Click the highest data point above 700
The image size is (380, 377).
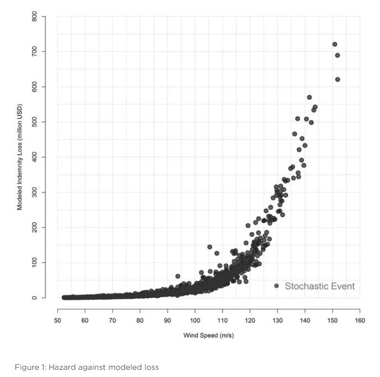click(335, 44)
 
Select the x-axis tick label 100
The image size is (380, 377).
click(195, 320)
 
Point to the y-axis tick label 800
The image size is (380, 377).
click(34, 16)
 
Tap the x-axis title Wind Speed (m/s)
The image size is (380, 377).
click(209, 336)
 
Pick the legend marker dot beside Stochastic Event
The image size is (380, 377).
click(276, 286)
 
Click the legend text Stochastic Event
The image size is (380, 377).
click(320, 286)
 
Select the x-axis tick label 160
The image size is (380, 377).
click(360, 320)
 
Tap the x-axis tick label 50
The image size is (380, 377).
click(57, 320)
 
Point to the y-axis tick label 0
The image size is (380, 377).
click(34, 298)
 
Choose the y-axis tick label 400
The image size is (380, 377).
click(34, 157)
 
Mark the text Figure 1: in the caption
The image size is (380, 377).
click(30, 367)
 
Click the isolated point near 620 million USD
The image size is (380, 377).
click(337, 79)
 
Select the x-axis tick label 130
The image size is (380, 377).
click(277, 320)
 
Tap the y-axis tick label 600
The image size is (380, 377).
click(34, 87)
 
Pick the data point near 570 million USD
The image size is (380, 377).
click(309, 97)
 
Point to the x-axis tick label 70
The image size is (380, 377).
click(113, 320)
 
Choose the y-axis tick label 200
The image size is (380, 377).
click(34, 227)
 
